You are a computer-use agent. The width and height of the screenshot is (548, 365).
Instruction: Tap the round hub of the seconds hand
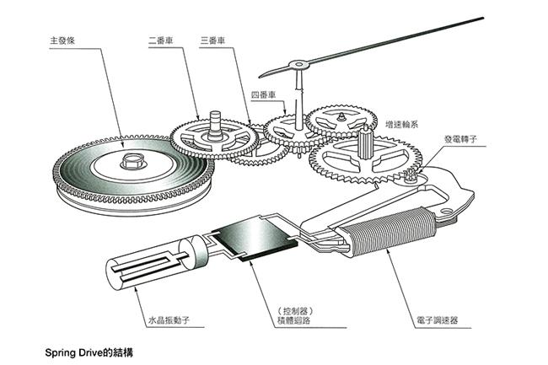[x=296, y=66]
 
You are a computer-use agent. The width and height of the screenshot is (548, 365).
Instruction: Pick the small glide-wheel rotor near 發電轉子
[x=411, y=175]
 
